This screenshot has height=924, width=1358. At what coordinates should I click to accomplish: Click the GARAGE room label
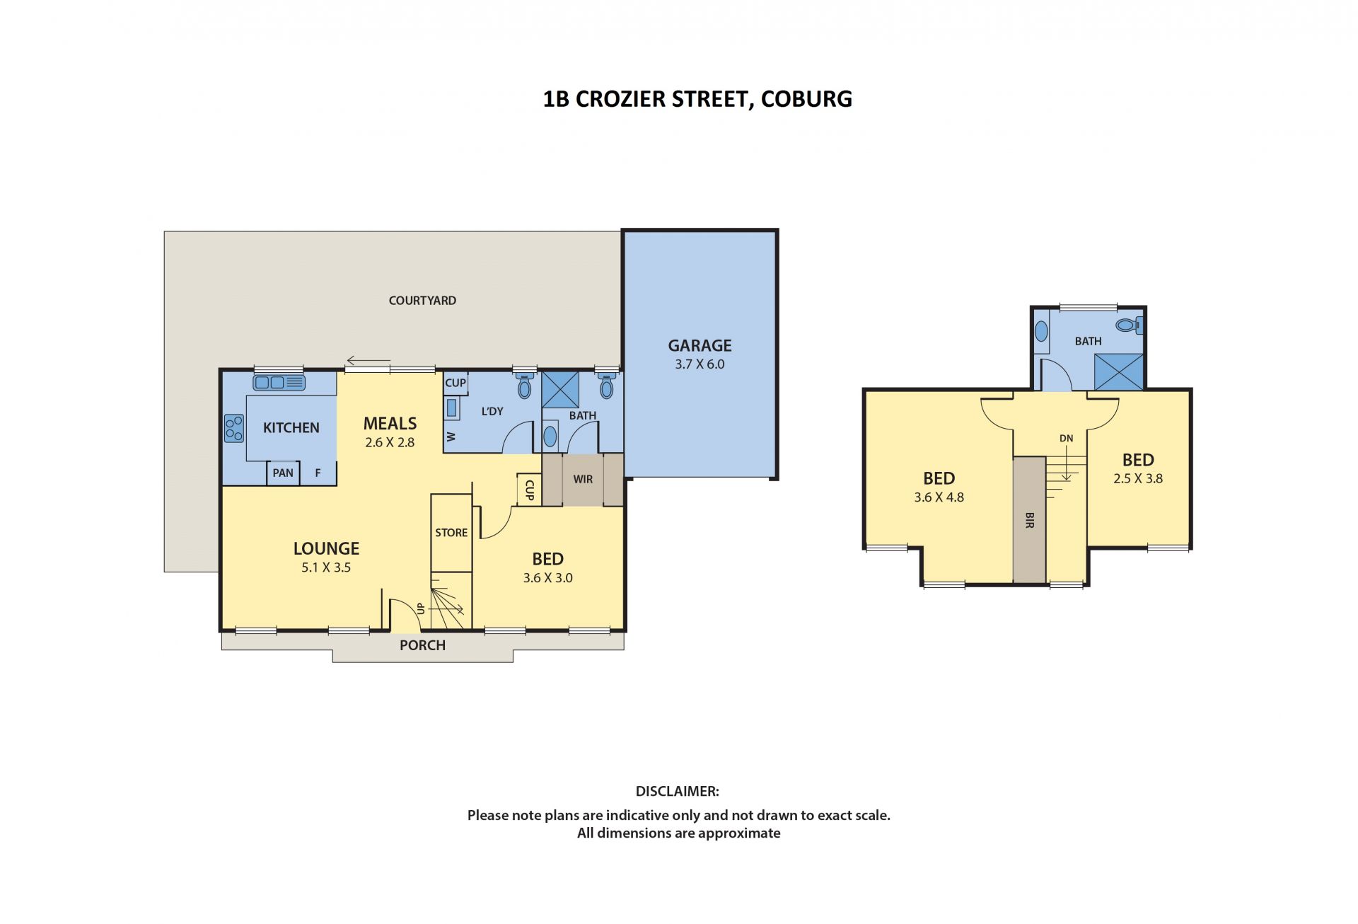(700, 345)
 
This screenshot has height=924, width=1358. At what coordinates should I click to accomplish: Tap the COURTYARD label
(422, 301)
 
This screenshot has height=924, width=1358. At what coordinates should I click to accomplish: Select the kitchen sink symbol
(279, 383)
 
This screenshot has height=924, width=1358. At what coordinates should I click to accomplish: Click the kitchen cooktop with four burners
(234, 428)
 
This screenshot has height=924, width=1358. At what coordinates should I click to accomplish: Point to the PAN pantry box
(283, 473)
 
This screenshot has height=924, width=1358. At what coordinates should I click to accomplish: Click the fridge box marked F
(318, 473)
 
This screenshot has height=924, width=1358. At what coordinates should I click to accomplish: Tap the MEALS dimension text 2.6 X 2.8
(390, 443)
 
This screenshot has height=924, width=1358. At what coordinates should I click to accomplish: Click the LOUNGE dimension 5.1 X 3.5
(326, 567)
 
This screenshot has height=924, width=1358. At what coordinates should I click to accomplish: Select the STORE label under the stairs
(451, 533)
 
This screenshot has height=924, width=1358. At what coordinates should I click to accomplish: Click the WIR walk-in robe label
(583, 479)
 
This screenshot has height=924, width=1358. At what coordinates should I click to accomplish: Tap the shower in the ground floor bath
(560, 389)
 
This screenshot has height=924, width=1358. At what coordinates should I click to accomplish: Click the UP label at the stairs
(421, 608)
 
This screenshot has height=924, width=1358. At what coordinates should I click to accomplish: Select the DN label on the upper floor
(1067, 439)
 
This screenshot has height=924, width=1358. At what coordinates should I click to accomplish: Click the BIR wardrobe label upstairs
(1029, 521)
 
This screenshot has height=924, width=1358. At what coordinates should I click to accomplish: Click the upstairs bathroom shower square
(1118, 371)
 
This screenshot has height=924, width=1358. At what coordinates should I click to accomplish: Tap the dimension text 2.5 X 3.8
(1138, 478)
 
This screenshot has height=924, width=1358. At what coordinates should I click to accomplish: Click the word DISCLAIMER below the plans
(678, 791)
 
